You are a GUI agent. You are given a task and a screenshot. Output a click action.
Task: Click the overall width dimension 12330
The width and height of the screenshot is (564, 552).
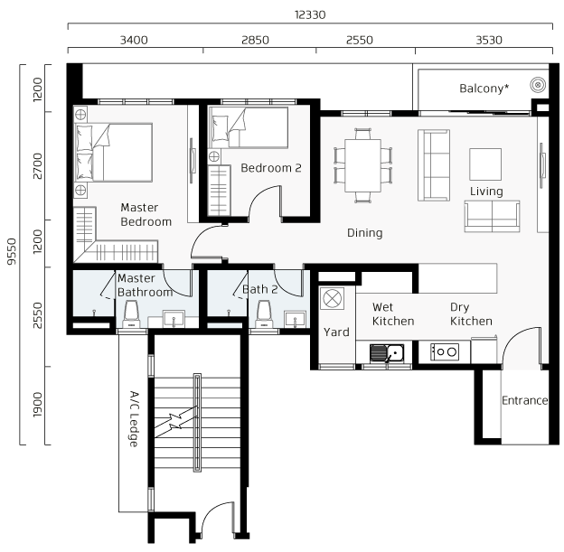pos(310,14)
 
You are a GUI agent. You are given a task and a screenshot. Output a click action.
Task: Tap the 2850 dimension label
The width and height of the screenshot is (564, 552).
pos(255,40)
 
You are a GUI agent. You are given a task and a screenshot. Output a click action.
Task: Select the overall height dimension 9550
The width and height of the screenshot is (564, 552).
pos(13,251)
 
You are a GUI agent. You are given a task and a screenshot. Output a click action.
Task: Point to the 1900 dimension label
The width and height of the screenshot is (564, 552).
pos(37,405)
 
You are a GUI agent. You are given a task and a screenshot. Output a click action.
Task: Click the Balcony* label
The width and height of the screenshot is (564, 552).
pos(484,89)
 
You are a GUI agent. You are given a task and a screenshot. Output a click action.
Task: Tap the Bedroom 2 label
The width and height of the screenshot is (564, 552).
pos(271,168)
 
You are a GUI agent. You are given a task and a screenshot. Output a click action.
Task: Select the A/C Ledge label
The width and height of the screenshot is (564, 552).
pos(134,419)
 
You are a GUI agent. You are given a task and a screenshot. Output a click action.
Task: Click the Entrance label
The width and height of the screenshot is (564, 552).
pos(525,400)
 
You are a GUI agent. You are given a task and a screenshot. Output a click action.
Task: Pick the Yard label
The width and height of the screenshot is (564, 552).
pos(336,332)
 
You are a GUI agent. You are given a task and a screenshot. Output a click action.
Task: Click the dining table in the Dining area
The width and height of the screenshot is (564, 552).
pos(363,165)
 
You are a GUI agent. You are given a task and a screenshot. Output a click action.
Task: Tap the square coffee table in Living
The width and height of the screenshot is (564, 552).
pos(485,164)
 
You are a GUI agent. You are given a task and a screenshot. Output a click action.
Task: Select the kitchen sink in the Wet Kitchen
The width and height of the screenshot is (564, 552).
pos(387,353)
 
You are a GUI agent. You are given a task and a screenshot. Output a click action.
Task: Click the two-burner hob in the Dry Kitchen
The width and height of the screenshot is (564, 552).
pos(445,352)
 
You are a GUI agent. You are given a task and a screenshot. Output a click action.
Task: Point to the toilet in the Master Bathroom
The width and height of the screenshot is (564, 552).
pos(131,313)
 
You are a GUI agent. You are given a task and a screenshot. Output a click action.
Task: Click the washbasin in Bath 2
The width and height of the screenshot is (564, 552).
pos(295,319)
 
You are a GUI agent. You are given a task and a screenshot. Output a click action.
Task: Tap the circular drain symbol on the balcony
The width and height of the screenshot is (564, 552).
pos(538,85)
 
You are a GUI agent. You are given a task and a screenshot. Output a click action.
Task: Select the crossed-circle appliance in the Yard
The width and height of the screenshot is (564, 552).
pos(332,299)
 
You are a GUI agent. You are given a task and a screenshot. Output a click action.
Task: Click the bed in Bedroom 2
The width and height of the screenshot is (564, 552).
pos(249,127)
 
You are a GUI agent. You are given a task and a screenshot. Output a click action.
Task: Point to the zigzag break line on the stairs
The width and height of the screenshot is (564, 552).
pos(175,422)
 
